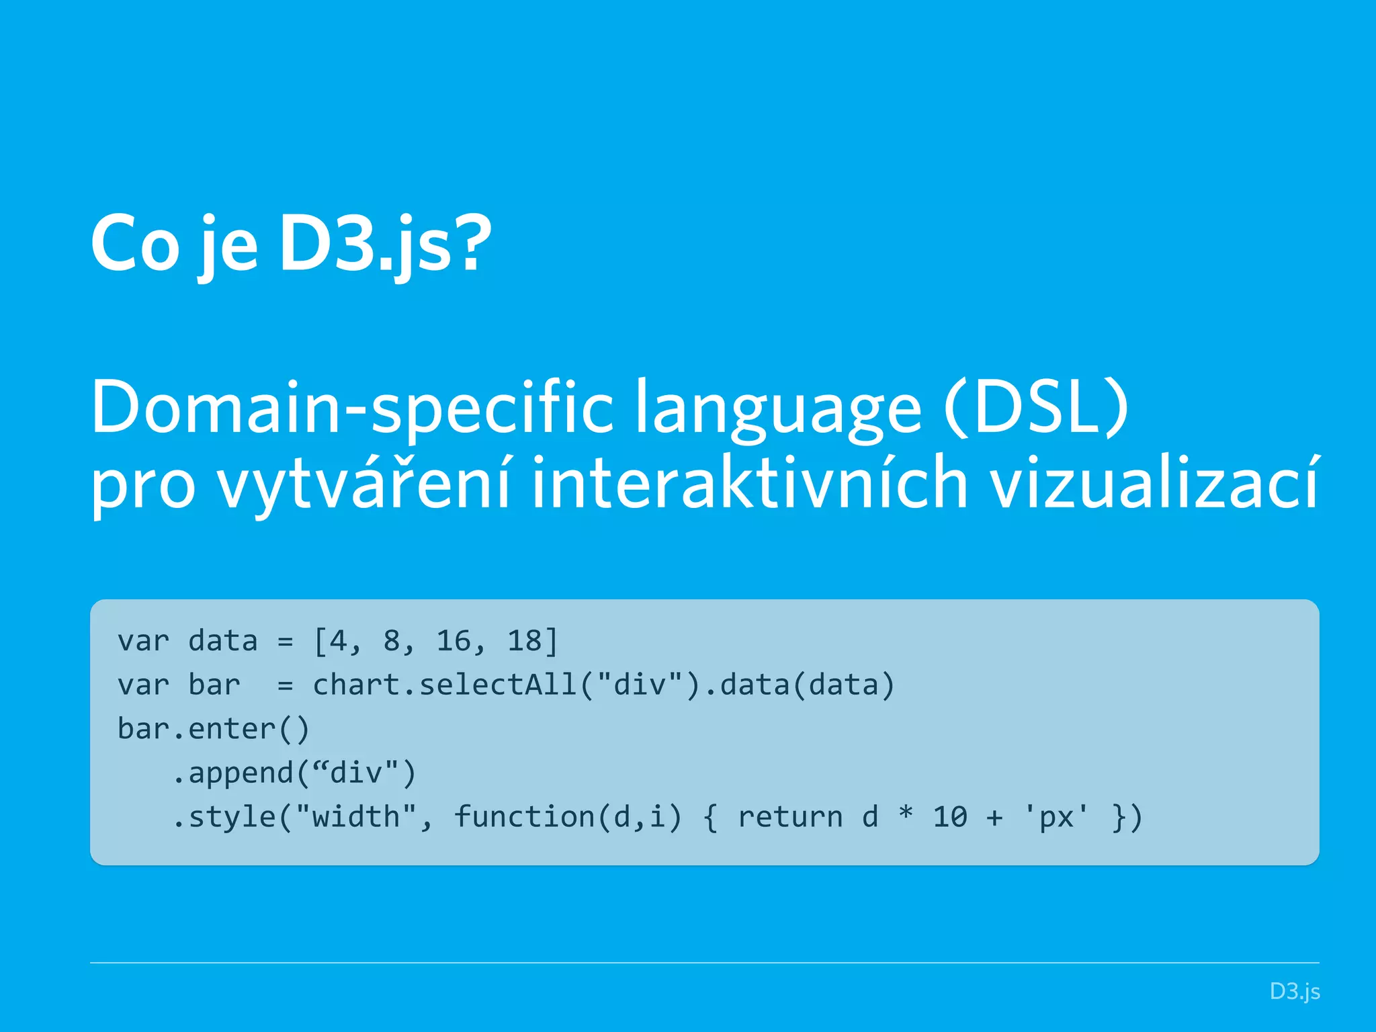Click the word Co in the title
click(x=134, y=243)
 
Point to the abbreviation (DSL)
click(x=1035, y=406)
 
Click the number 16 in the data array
click(x=454, y=641)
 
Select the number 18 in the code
click(x=525, y=641)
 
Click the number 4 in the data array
click(x=337, y=641)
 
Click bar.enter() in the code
click(x=213, y=729)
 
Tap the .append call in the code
click(x=232, y=773)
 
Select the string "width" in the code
click(x=355, y=817)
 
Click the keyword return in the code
click(x=790, y=817)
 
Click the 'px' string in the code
click(x=1056, y=817)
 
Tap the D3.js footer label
click(x=1294, y=992)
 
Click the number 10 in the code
click(x=950, y=817)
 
